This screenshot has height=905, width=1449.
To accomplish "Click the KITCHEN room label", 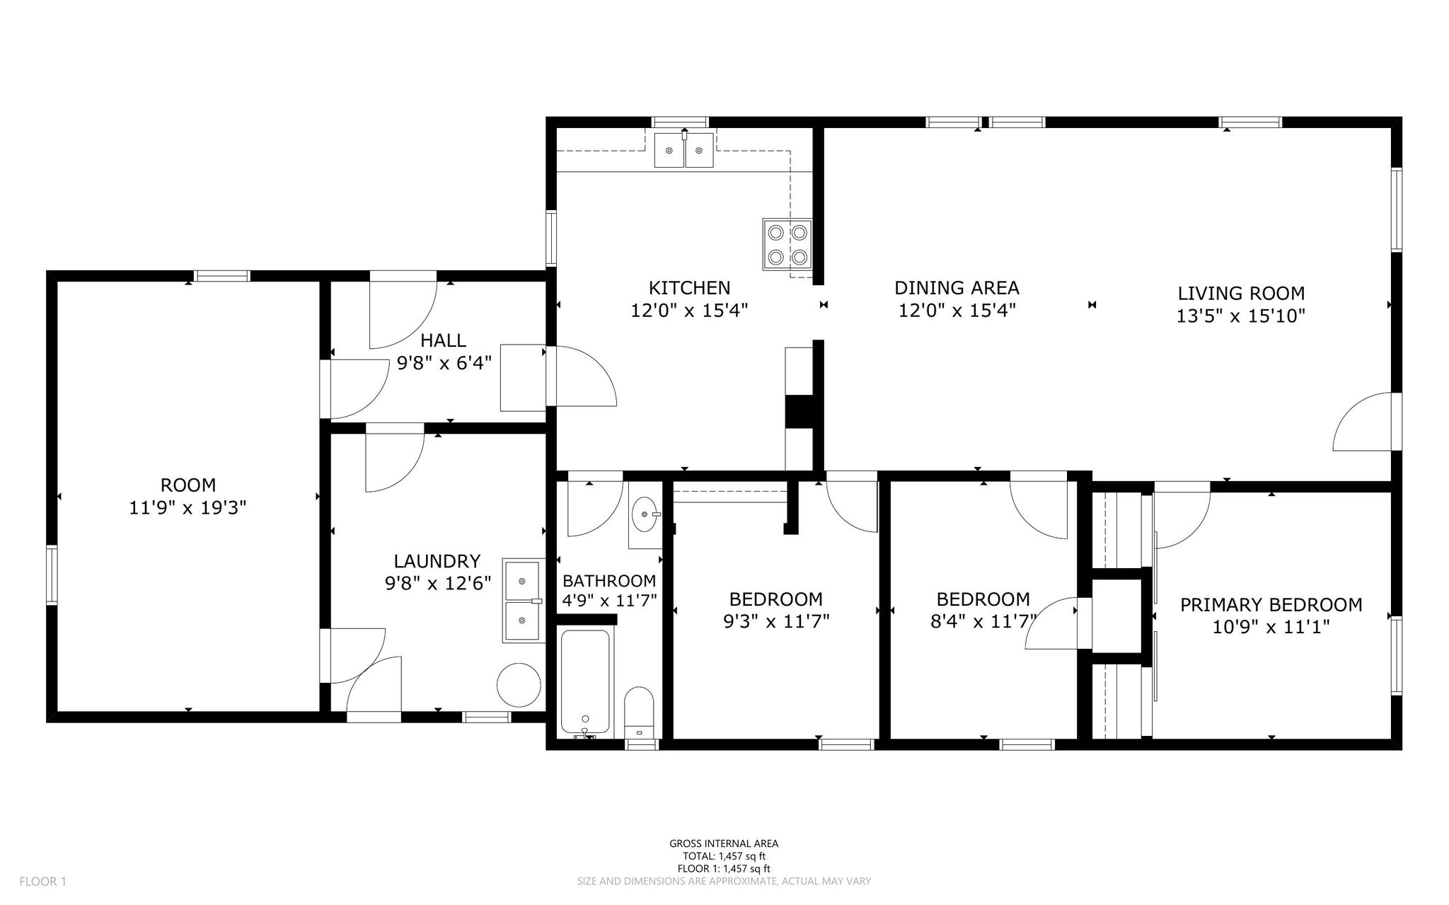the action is pos(689,288).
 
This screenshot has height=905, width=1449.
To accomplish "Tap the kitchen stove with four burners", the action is pos(787,244).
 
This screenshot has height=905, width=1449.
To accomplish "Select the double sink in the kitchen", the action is pos(683,150).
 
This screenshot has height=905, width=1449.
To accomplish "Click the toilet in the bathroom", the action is pos(640,712).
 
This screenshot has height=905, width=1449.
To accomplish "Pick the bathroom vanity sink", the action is pos(645,514).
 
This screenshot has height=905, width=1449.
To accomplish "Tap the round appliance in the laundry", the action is pos(519,684).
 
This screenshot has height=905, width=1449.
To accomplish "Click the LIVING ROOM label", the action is pos(1241,293).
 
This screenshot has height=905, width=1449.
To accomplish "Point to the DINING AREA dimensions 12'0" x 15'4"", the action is pos(957,311).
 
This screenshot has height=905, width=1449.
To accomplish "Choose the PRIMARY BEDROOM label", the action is pos(1271,605).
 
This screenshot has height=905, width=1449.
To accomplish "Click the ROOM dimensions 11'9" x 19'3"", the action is pos(187,507).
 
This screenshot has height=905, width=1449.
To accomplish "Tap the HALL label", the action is pos(443,340).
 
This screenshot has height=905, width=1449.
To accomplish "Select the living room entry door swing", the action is pos(1362,422).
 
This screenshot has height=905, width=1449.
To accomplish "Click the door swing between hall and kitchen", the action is pos(582,376).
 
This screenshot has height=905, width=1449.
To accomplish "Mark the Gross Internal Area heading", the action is pos(724,843).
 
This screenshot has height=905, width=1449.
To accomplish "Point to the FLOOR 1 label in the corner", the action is pos(42,882).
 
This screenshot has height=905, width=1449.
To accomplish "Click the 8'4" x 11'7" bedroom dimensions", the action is pos(983,621).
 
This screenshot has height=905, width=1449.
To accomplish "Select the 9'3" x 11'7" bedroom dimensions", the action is pos(775,621).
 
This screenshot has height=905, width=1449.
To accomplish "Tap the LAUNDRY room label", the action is pos(437,561).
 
